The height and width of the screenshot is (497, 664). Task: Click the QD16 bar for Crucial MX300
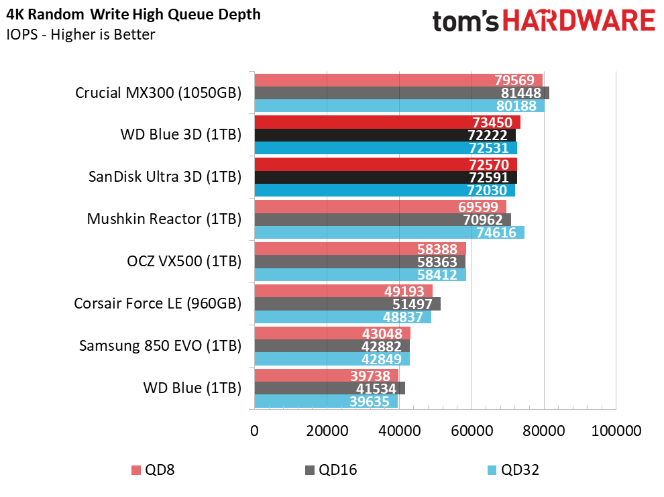[401, 93]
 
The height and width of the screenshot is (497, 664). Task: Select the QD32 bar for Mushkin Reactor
[389, 233]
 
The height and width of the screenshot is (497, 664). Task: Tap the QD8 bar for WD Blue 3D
[387, 122]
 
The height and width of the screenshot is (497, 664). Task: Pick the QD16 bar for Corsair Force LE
[347, 304]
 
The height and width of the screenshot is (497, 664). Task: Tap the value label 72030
[488, 190]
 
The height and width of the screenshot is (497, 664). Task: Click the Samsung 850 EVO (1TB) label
[160, 346]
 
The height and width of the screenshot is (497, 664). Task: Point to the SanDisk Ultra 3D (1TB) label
[164, 177]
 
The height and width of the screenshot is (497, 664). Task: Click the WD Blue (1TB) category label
[192, 388]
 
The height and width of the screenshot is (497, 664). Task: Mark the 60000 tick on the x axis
[471, 431]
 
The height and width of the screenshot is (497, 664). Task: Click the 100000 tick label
[615, 431]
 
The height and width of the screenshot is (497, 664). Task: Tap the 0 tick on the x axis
[254, 431]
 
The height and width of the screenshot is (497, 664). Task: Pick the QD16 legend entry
[331, 470]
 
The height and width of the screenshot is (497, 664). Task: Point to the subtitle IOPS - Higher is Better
[81, 35]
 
